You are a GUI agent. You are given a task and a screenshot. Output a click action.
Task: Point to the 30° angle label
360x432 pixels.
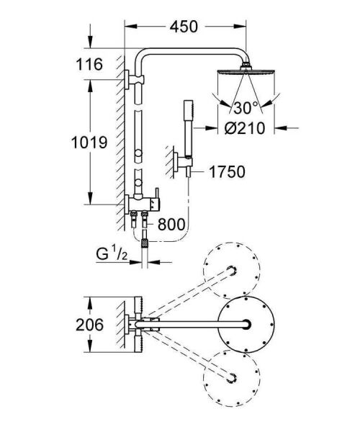click(242, 109)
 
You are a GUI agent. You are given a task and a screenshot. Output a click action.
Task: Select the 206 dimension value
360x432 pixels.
click(90, 325)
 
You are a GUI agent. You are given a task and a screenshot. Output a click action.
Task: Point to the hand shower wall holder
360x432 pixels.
click(176, 163)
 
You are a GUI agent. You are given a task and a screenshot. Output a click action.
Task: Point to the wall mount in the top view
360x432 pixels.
click(130, 325)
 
